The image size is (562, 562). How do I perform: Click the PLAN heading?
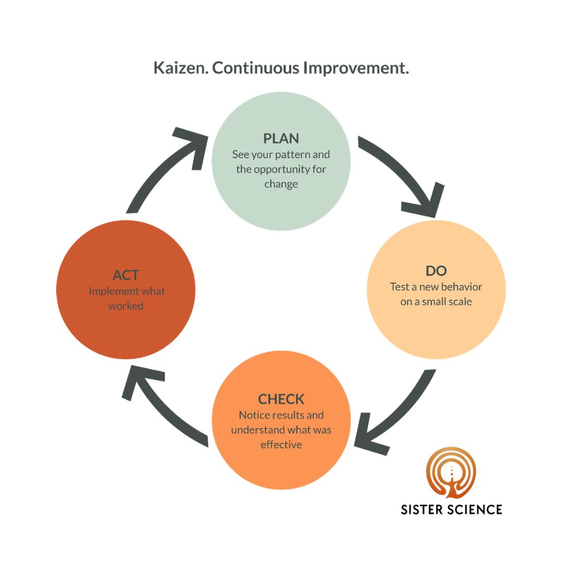(x=281, y=138)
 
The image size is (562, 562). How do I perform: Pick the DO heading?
(x=436, y=271)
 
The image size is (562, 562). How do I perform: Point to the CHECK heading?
(x=281, y=399)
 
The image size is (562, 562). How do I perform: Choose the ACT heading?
(x=125, y=275)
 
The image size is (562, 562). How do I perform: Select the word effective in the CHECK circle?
(x=281, y=445)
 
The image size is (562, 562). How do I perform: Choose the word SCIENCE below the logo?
(x=475, y=509)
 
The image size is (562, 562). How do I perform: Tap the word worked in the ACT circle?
(x=125, y=306)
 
